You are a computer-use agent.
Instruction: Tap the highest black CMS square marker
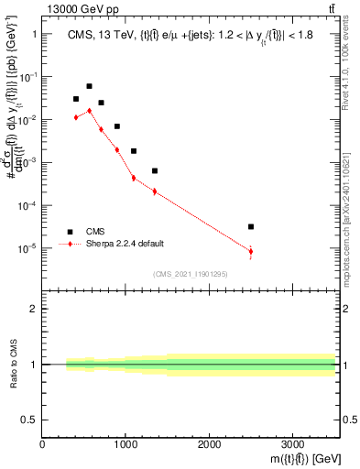pyautogui.click(x=89, y=86)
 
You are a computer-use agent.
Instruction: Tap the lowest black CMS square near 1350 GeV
pyautogui.click(x=155, y=170)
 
